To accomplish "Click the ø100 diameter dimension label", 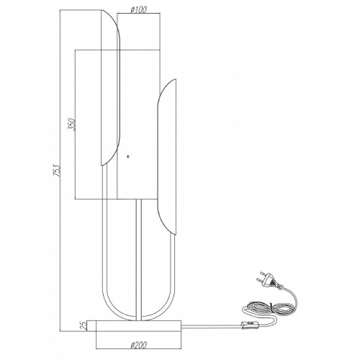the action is (x=139, y=10).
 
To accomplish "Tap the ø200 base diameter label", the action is (x=139, y=345).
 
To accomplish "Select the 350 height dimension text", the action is (x=72, y=125).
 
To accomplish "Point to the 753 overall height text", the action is (x=57, y=171).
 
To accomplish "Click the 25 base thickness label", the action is (x=84, y=325).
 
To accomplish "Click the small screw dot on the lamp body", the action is (x=128, y=157).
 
